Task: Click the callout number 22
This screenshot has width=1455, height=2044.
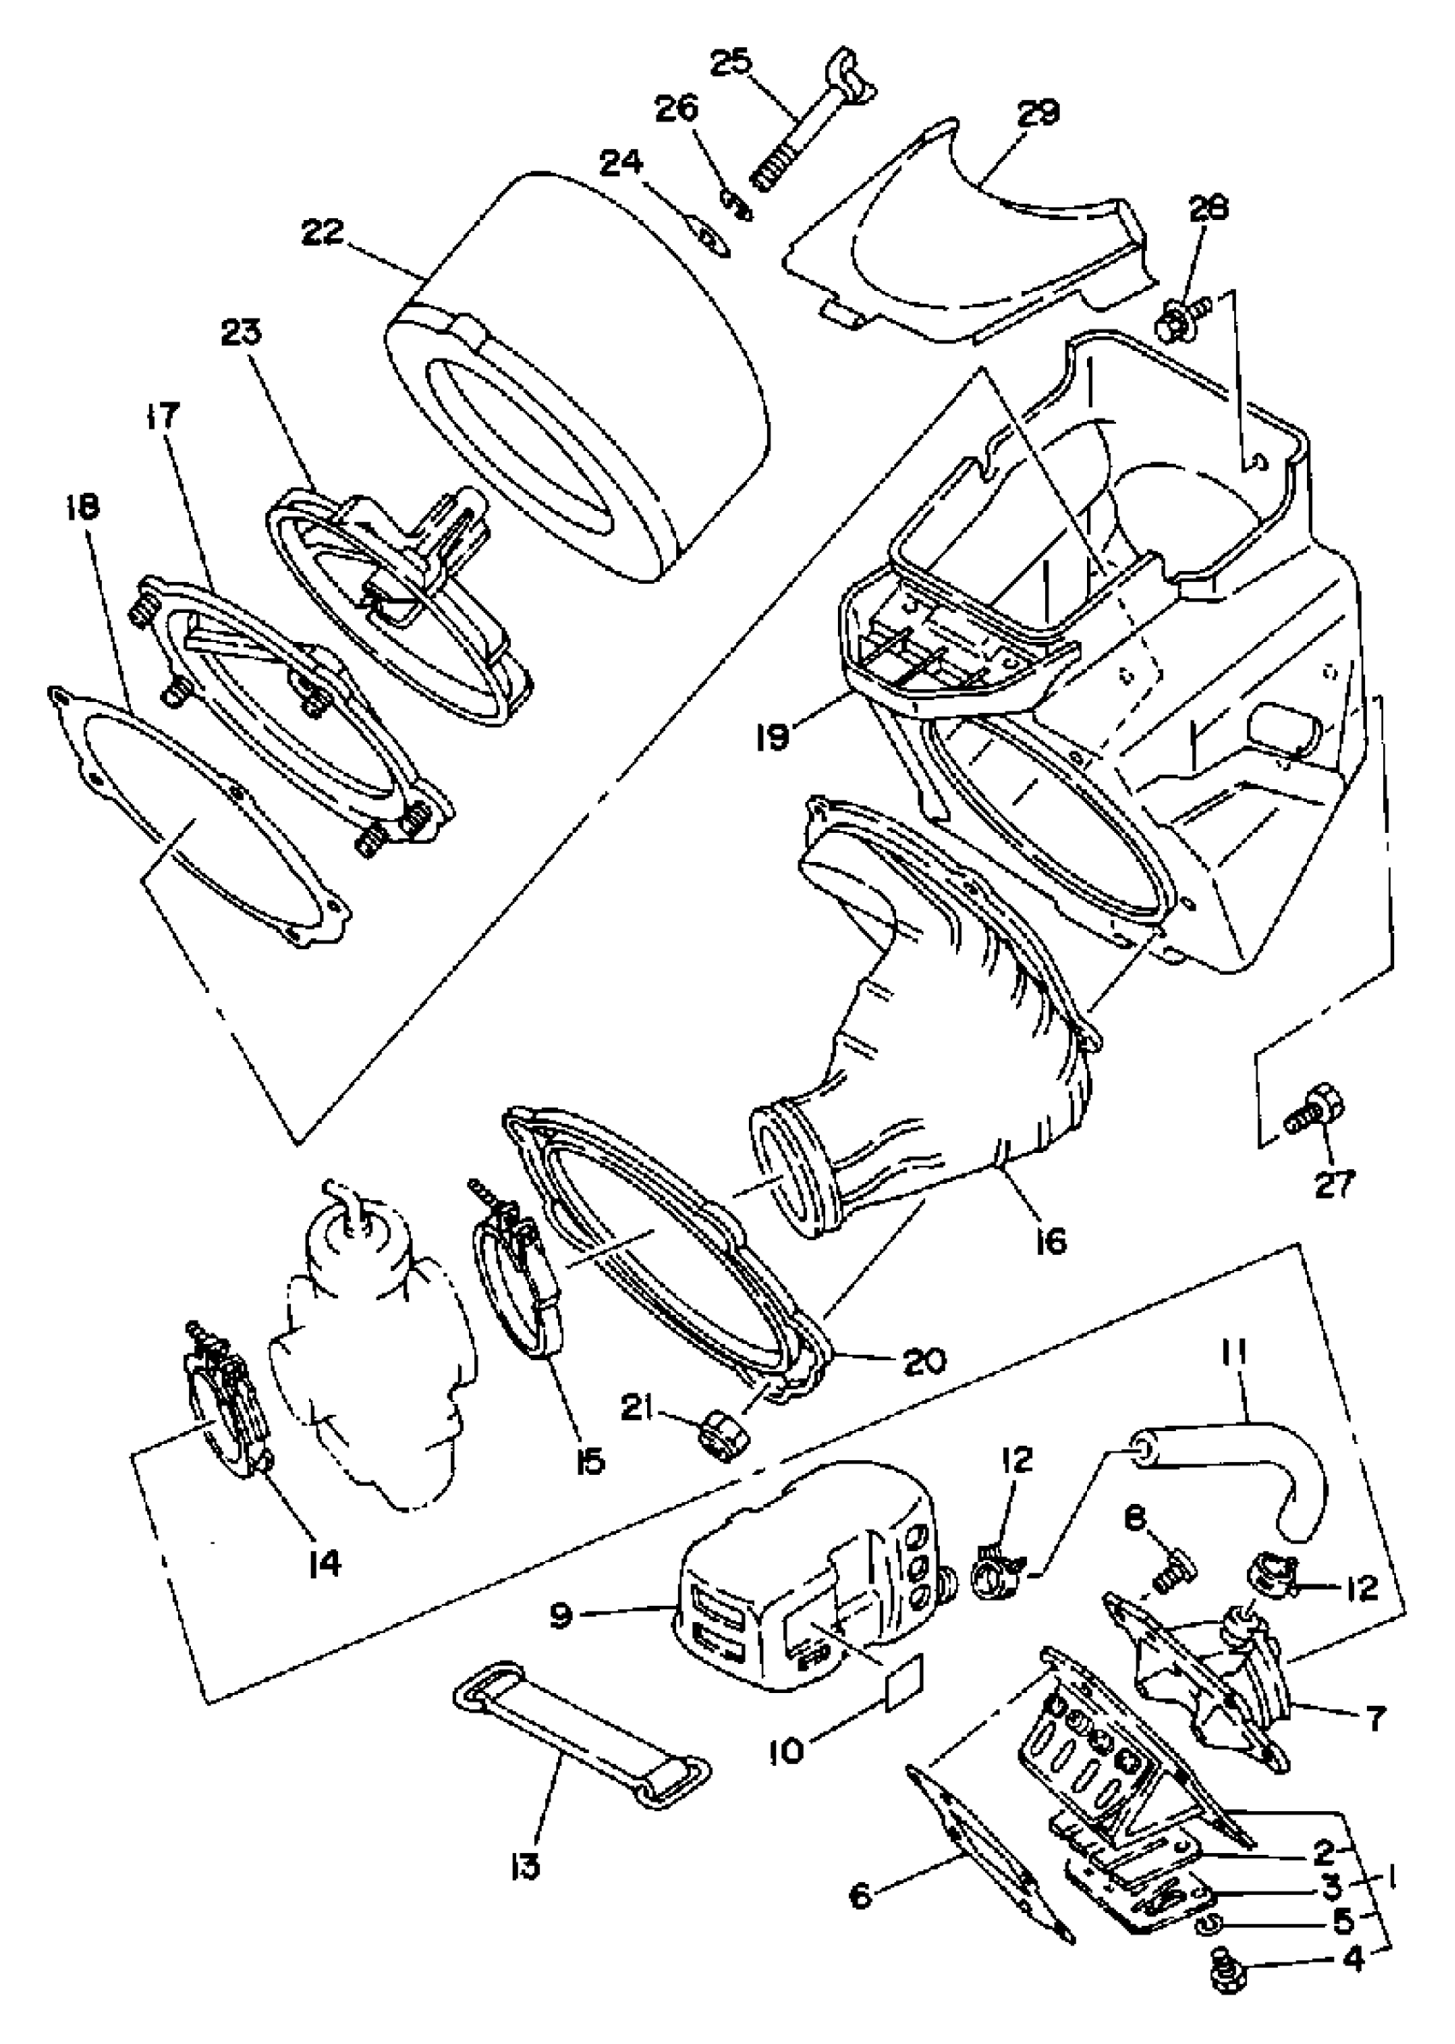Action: (x=324, y=232)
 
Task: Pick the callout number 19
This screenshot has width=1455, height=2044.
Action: (x=771, y=738)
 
